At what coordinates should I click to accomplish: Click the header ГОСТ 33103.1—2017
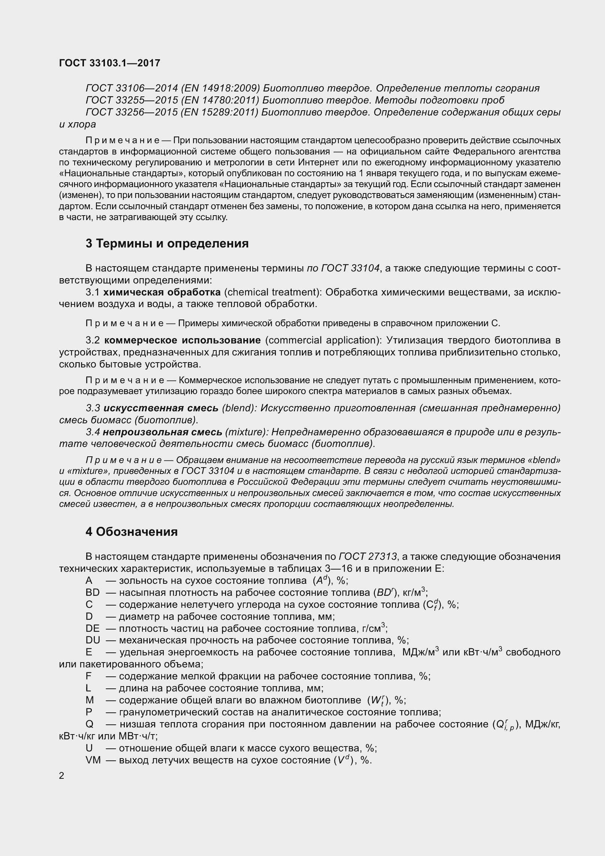tap(109, 63)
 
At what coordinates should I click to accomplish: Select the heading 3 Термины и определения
tap(167, 244)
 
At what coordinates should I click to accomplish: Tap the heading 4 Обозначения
tap(132, 532)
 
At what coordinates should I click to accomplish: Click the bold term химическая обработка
tap(162, 292)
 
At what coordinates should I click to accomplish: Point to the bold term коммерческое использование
tap(182, 340)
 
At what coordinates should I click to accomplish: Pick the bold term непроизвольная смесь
tap(162, 432)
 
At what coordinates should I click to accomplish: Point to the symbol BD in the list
tap(93, 592)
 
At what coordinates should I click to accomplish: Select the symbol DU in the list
tap(93, 640)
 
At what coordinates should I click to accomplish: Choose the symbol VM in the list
tap(93, 760)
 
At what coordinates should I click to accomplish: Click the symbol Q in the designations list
tap(90, 724)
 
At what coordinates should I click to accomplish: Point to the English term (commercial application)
tap(322, 340)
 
